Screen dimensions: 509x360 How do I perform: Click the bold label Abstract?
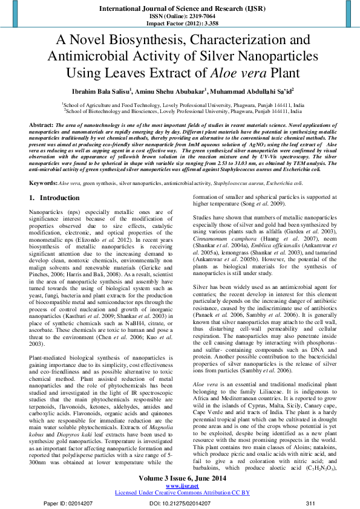pyautogui.click(x=44, y=124)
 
